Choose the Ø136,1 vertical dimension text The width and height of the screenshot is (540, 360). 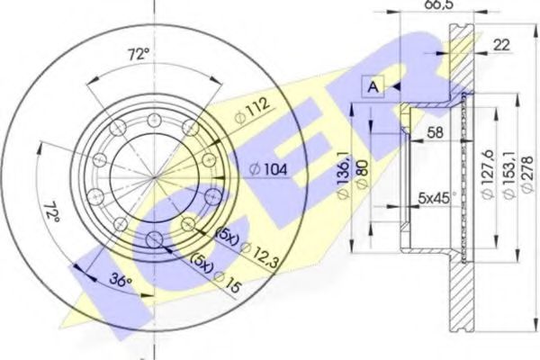[x=344, y=175]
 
